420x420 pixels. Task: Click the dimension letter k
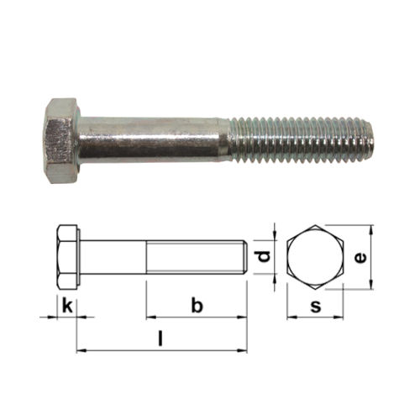coord(67,306)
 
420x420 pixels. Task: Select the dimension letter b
coord(197,306)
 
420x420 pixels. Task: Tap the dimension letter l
coord(160,338)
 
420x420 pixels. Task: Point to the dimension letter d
coord(264,257)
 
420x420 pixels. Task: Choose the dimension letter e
coord(360,258)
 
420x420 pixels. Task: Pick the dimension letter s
coord(316,307)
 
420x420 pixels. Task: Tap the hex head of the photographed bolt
coord(62,141)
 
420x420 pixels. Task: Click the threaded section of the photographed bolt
coord(302,140)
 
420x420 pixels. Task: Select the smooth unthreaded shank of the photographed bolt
coord(154,140)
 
